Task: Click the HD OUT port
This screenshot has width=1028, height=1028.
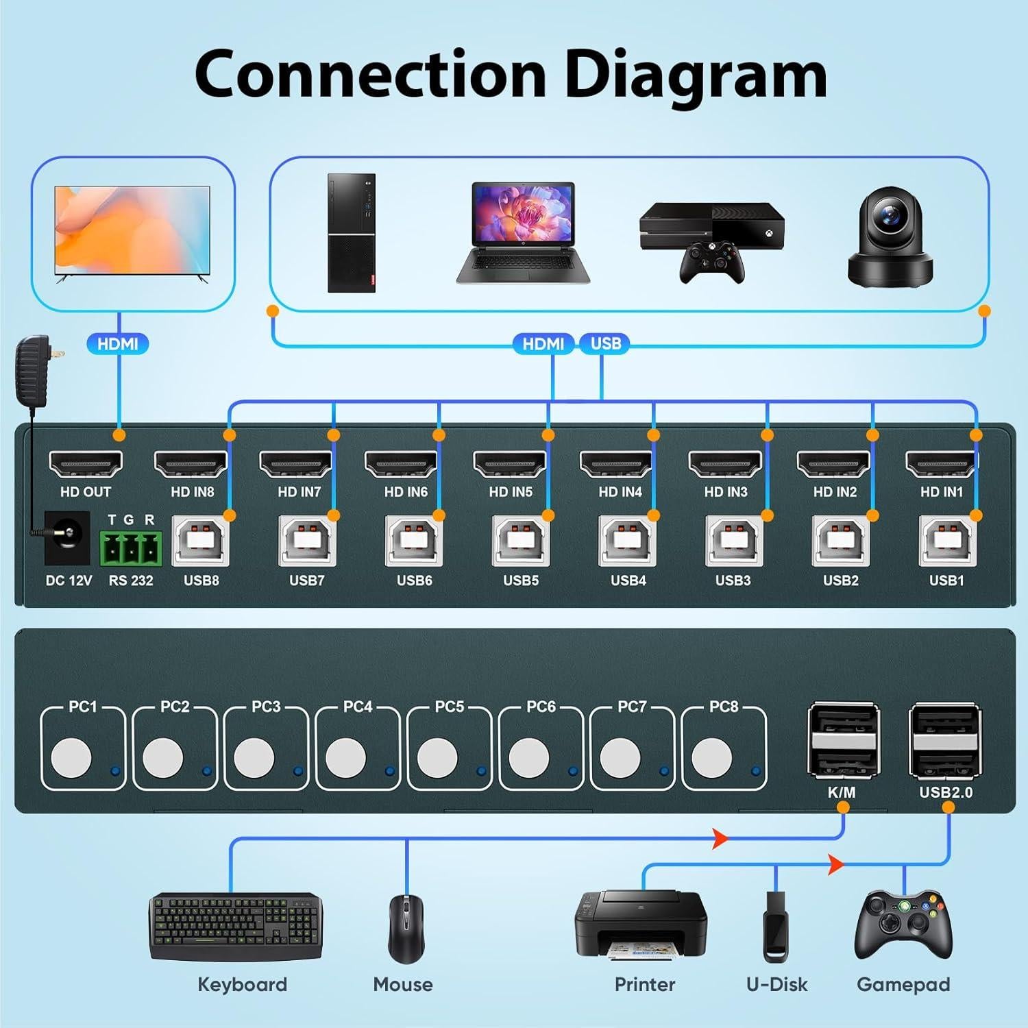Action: coord(86,464)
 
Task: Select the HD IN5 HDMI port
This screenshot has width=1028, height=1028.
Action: coord(510,464)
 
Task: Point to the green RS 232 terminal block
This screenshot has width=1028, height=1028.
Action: coord(131,548)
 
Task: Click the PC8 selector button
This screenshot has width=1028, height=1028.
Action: coord(711,758)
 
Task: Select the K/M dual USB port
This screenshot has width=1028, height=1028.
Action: coord(842,741)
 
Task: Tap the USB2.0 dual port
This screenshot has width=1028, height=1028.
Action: coord(945,741)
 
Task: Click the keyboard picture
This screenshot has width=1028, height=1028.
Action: coord(236,927)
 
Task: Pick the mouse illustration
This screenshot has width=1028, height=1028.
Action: coord(406,929)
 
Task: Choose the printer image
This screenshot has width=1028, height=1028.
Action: coord(640,925)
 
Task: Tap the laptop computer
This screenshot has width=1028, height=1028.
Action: coord(524,233)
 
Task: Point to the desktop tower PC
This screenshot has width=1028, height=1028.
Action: coord(352,233)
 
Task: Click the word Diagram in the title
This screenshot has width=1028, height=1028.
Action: coord(696,75)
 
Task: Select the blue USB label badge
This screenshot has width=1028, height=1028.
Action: coord(605,343)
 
